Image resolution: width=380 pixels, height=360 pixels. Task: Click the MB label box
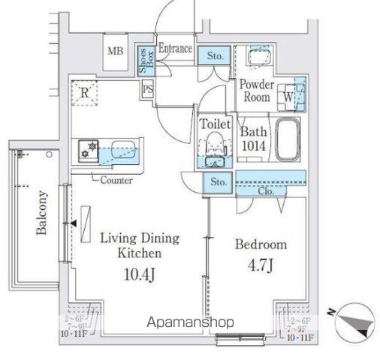pyautogui.click(x=115, y=52)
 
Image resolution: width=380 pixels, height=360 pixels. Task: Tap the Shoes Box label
pyautogui.click(x=143, y=58)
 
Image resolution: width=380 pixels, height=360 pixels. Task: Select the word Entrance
pyautogui.click(x=175, y=48)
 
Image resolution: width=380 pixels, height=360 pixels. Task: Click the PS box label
pyautogui.click(x=148, y=89)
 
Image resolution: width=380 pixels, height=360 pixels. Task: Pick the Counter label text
pyautogui.click(x=116, y=180)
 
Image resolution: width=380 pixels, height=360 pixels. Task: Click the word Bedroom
pyautogui.click(x=261, y=245)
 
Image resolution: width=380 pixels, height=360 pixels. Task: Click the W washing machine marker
pyautogui.click(x=288, y=96)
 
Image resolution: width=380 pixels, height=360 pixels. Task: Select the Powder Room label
pyautogui.click(x=256, y=90)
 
